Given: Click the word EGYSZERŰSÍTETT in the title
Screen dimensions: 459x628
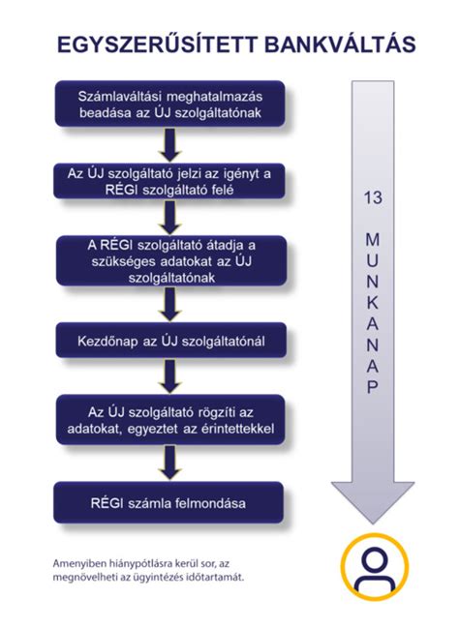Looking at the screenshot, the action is tap(157, 45).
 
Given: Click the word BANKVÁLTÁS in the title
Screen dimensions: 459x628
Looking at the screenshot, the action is tap(340, 45).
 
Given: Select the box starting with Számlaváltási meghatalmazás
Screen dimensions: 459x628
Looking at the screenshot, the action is tap(169, 105).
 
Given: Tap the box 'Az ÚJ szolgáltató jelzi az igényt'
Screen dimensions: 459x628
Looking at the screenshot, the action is tap(169, 181).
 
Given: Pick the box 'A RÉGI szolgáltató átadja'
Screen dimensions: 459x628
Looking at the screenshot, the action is tap(171, 260).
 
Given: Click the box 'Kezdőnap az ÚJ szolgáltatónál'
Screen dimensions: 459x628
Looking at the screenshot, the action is tap(170, 341).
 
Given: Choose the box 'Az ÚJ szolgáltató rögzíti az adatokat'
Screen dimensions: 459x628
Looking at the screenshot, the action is tap(170, 420).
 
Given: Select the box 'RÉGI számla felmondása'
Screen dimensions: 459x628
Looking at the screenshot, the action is tap(168, 502).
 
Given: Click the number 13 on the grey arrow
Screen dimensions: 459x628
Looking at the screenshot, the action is tap(373, 197).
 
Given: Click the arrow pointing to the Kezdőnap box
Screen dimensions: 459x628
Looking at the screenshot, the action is tap(170, 304).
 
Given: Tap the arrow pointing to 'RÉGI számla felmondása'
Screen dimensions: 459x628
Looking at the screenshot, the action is tap(170, 463).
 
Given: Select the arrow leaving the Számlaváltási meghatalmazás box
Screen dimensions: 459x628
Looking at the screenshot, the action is tap(170, 145).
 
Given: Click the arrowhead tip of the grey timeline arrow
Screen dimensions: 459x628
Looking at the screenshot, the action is tap(373, 523).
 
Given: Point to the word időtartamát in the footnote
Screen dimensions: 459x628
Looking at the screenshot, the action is tap(219, 578).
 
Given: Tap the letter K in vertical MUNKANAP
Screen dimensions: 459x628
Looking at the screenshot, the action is tap(373, 302).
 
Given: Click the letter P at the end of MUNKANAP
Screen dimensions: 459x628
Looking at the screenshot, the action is tap(373, 387).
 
